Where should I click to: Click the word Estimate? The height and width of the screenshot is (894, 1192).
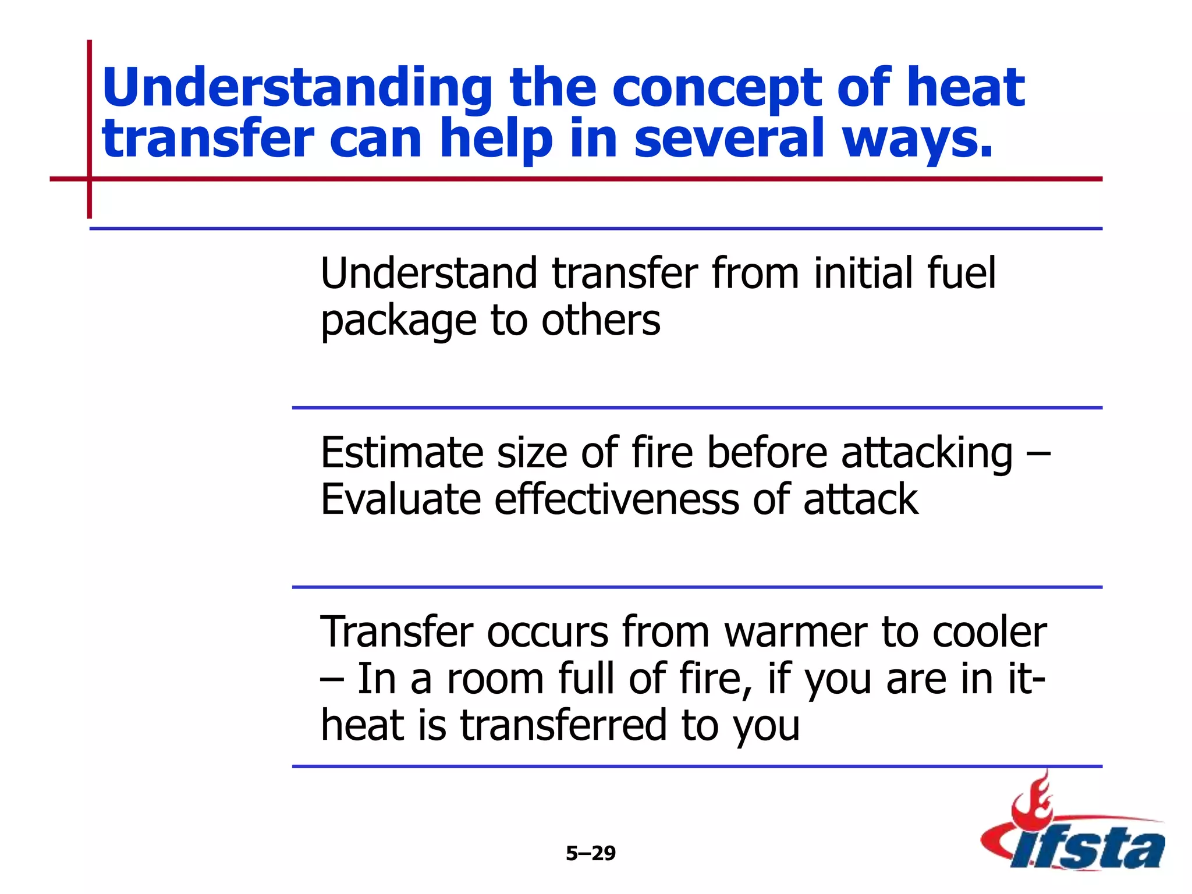click(402, 452)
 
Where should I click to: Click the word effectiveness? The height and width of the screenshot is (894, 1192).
click(617, 499)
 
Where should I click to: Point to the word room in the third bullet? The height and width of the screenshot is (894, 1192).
click(495, 679)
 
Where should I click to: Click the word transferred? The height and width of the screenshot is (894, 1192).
click(563, 725)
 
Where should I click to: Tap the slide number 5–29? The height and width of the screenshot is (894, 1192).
click(590, 853)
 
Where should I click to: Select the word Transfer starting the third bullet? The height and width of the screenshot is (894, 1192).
click(396, 632)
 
